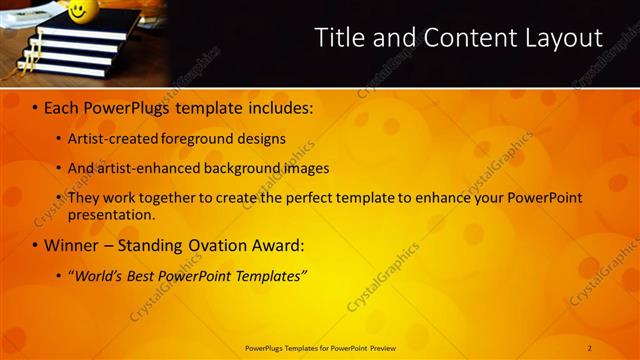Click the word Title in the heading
click(x=339, y=38)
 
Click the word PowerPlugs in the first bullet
click(x=127, y=105)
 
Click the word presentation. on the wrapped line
click(x=111, y=214)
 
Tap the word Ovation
click(x=210, y=244)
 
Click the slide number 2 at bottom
click(x=589, y=347)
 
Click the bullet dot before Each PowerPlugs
click(x=36, y=106)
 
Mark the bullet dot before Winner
click(x=36, y=245)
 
